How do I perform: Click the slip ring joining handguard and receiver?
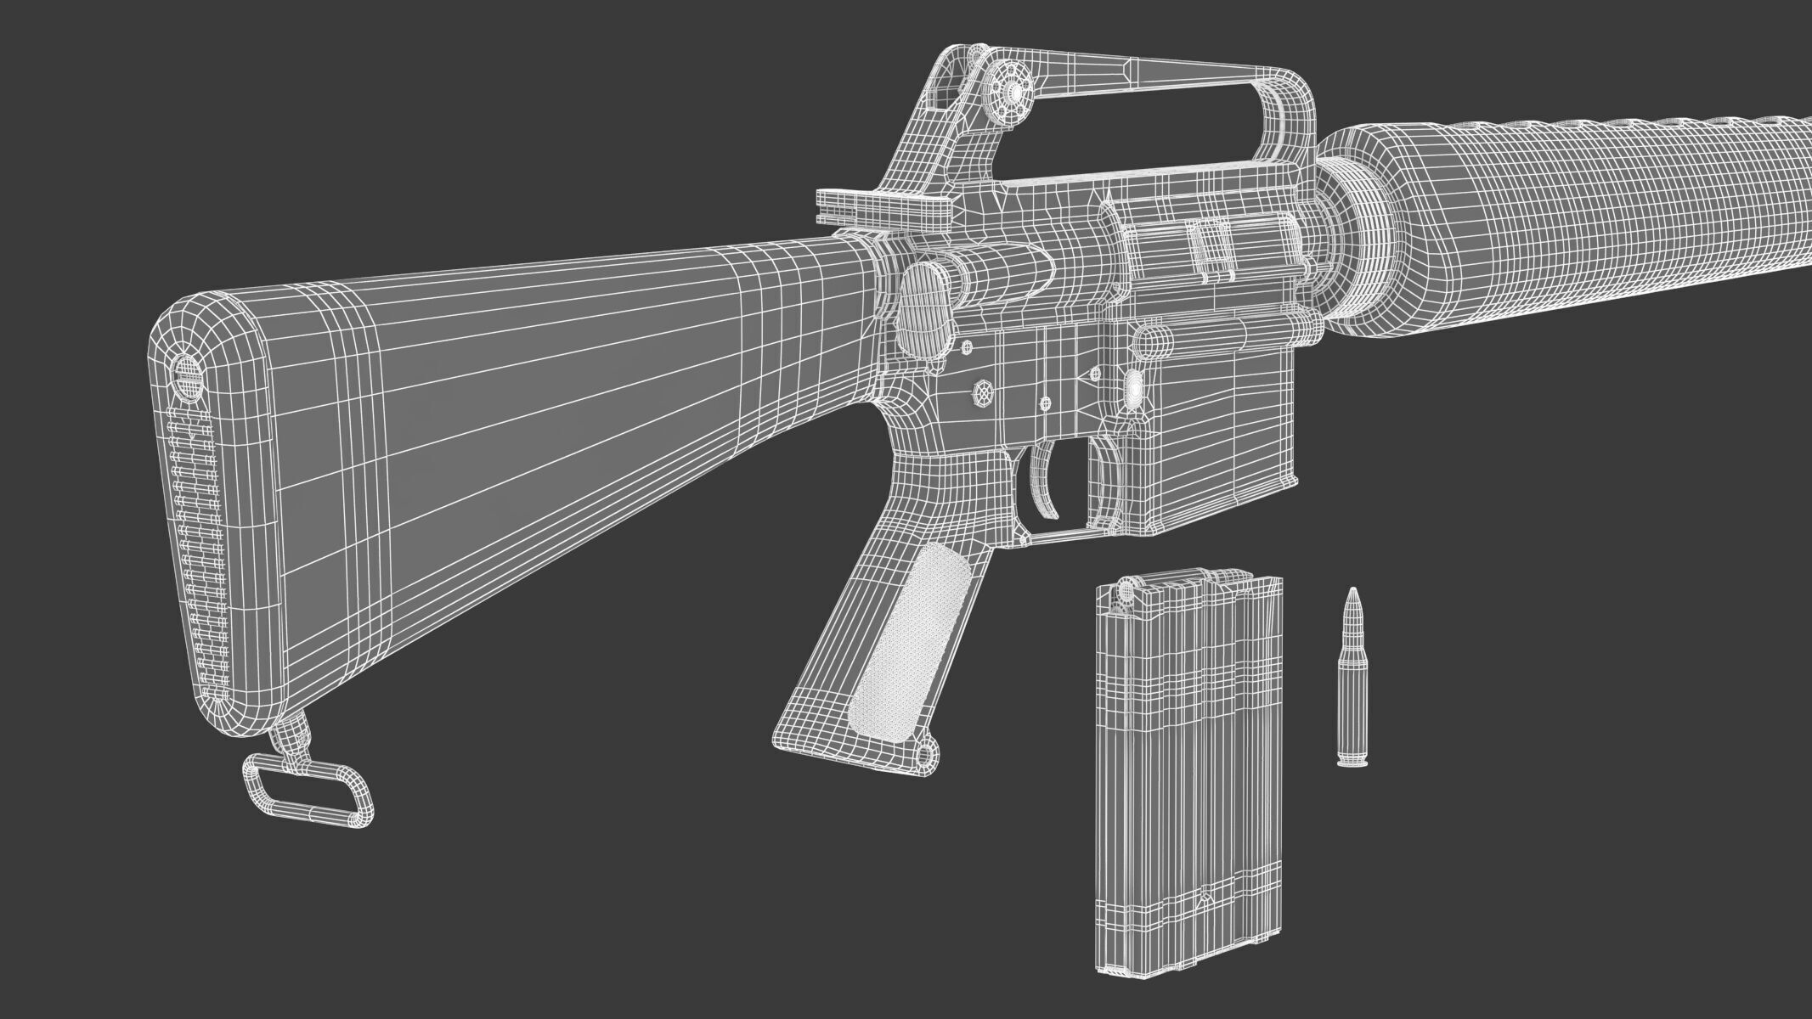(x=1359, y=229)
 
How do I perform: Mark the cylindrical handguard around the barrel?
(x=1572, y=204)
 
